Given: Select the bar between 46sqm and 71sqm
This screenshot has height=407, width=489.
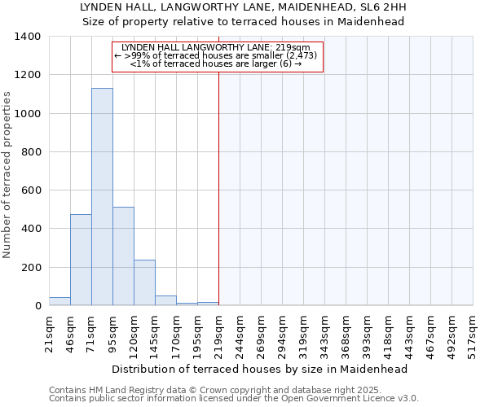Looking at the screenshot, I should pyautogui.click(x=81, y=260).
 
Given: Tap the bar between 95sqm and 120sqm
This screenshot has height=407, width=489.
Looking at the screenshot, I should pyautogui.click(x=123, y=256).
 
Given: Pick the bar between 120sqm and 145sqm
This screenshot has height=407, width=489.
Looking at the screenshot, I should pyautogui.click(x=144, y=282).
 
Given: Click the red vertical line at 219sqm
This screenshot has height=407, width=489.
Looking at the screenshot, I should pyautogui.click(x=218, y=187).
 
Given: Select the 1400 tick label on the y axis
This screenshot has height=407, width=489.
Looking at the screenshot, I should pyautogui.click(x=28, y=37).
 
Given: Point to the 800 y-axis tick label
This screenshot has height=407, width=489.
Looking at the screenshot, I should pyautogui.click(x=31, y=152).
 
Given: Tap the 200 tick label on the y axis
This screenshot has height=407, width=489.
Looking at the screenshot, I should pyautogui.click(x=31, y=268).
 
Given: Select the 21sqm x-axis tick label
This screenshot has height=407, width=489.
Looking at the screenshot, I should pyautogui.click(x=49, y=331).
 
